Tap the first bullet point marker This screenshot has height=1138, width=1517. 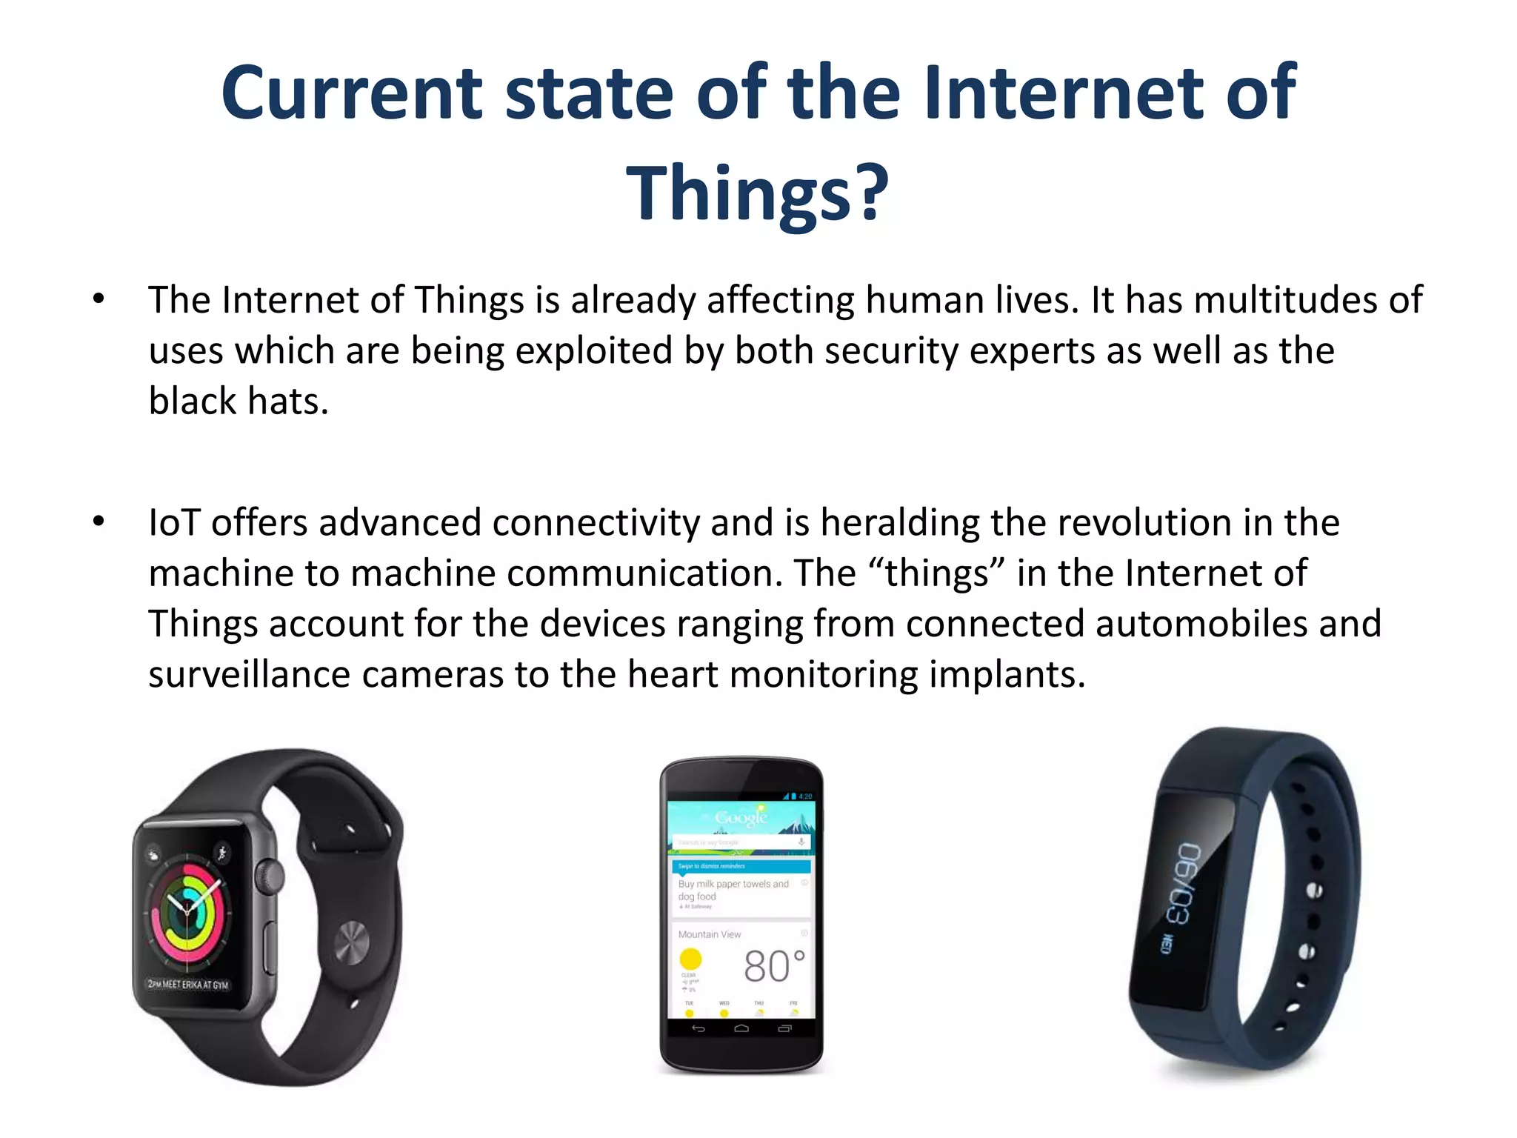click(99, 299)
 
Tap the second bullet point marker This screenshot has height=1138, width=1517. click(99, 522)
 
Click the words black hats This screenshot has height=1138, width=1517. click(238, 401)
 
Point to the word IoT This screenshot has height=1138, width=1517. click(174, 522)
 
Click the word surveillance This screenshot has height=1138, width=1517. click(249, 674)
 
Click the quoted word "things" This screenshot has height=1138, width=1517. click(936, 573)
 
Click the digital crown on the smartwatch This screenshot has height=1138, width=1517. click(270, 876)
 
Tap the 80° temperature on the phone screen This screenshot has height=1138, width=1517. click(773, 966)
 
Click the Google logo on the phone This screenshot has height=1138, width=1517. click(741, 817)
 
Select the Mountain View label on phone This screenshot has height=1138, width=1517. click(709, 934)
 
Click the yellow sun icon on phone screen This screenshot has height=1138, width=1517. click(690, 959)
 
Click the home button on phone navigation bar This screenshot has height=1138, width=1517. click(741, 1028)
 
